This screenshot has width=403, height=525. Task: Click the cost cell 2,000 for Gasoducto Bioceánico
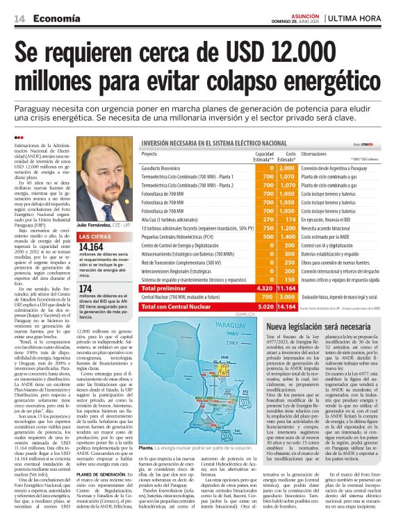[x=286, y=168]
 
